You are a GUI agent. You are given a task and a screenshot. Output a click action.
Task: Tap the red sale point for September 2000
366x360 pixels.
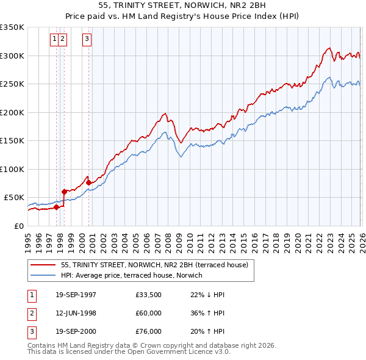(x=88, y=182)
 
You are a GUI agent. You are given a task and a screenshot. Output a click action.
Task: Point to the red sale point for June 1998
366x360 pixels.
(x=64, y=192)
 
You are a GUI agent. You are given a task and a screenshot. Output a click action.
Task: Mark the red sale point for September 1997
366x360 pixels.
(x=56, y=207)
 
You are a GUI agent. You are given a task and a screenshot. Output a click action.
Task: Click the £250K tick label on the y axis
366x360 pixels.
(x=12, y=84)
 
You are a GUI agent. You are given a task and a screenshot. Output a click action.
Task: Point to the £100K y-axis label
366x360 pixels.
(x=12, y=169)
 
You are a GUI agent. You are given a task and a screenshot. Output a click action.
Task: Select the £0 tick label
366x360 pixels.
(x=18, y=226)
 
